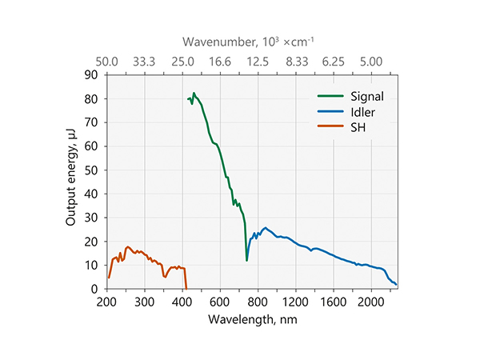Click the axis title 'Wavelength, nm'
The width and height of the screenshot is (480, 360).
pyautogui.click(x=250, y=318)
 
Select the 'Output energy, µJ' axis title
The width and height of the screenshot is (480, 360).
pyautogui.click(x=73, y=182)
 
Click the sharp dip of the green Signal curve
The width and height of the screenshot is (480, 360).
pyautogui.click(x=246, y=260)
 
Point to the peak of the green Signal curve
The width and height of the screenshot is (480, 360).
pyautogui.click(x=194, y=94)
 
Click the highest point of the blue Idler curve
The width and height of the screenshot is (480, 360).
pyautogui.click(x=266, y=228)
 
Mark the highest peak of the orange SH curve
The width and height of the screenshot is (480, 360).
pyautogui.click(x=127, y=247)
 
